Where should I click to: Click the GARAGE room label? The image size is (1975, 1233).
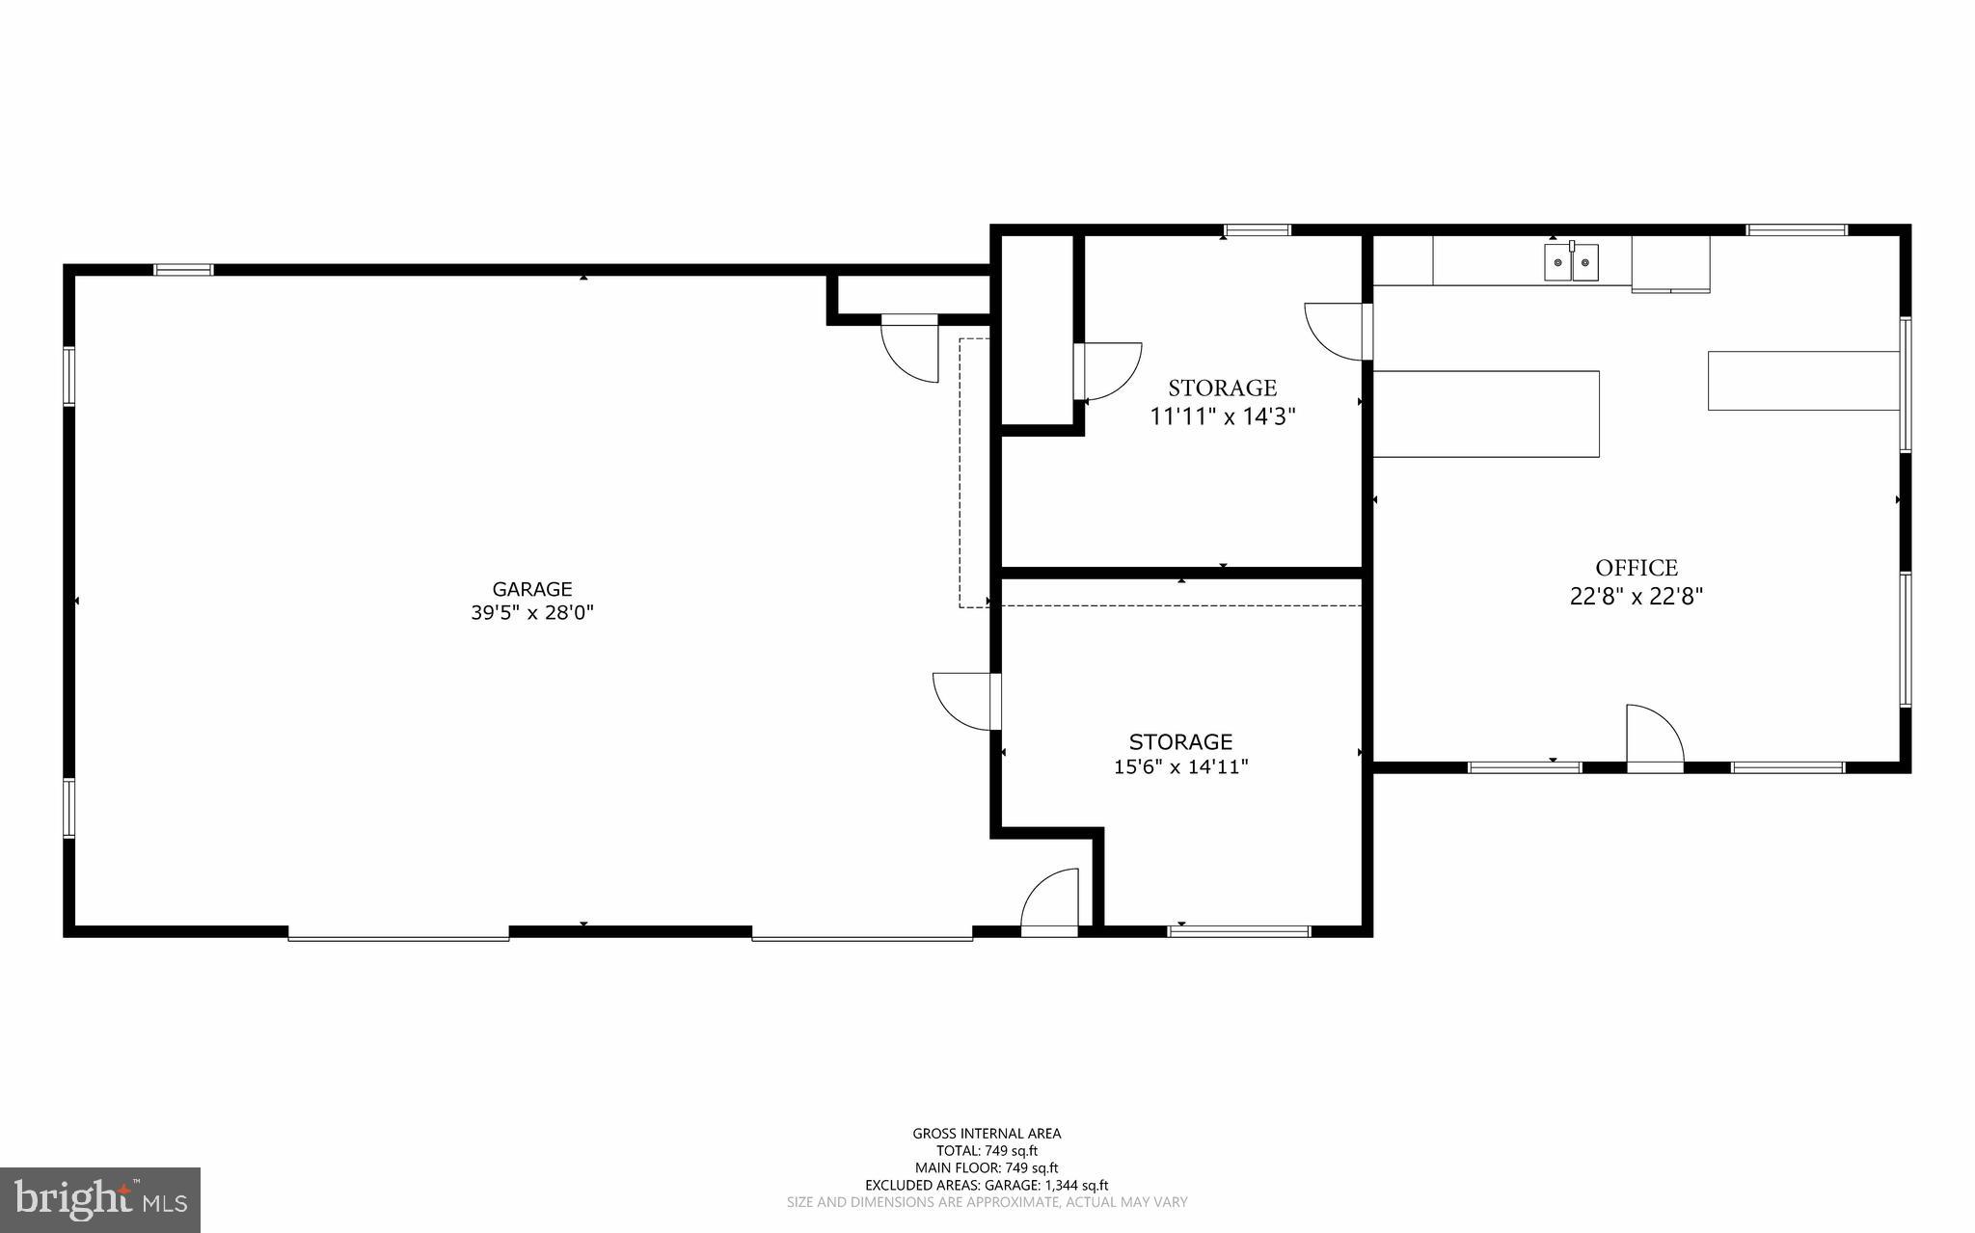[x=532, y=589]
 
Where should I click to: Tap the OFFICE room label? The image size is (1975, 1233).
[x=1637, y=568]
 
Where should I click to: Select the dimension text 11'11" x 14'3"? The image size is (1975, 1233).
[x=1222, y=416]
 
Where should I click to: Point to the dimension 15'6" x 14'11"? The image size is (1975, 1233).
[x=1180, y=767]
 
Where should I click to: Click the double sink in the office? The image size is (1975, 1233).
[x=1571, y=262]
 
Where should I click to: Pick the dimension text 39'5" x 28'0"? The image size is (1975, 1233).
[x=532, y=613]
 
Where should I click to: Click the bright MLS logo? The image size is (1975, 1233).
[x=100, y=1199]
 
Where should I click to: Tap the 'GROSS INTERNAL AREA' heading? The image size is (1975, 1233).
[x=987, y=1134]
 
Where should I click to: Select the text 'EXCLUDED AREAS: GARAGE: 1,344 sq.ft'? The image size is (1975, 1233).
[x=987, y=1186]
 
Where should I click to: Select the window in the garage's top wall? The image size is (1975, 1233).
[x=183, y=270]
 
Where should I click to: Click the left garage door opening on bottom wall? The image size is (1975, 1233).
[x=398, y=933]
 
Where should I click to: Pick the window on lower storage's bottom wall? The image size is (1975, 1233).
[x=1239, y=931]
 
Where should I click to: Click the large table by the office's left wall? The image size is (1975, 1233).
[x=1486, y=414]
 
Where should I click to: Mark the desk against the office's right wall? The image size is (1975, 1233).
[x=1803, y=381]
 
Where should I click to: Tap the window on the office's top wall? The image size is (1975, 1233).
[x=1797, y=229]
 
